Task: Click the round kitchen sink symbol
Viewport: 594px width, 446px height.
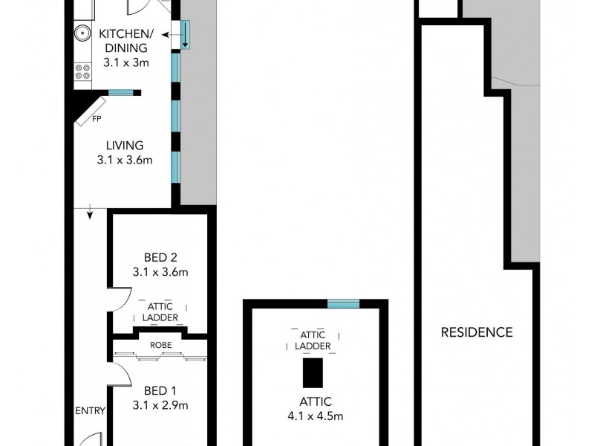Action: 82,33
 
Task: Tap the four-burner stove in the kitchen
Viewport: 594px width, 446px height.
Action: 82,72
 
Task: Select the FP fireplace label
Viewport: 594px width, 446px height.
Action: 97,118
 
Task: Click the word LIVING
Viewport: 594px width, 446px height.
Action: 125,146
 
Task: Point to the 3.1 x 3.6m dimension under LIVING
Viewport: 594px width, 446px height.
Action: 125,160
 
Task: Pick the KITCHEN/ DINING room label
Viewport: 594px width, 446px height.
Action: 126,41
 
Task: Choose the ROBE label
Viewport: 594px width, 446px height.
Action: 160,346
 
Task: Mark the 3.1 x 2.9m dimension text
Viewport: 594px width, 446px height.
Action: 160,405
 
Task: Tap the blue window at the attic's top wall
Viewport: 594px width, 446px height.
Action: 343,303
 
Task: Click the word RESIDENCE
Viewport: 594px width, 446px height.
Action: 477,332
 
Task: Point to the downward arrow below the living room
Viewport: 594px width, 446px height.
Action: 90,214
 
